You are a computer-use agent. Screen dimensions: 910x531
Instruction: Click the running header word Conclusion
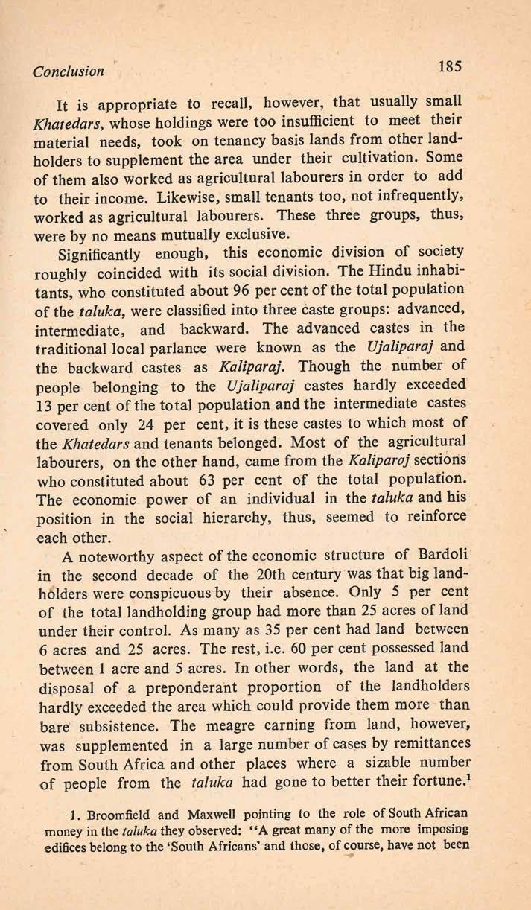click(67, 72)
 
